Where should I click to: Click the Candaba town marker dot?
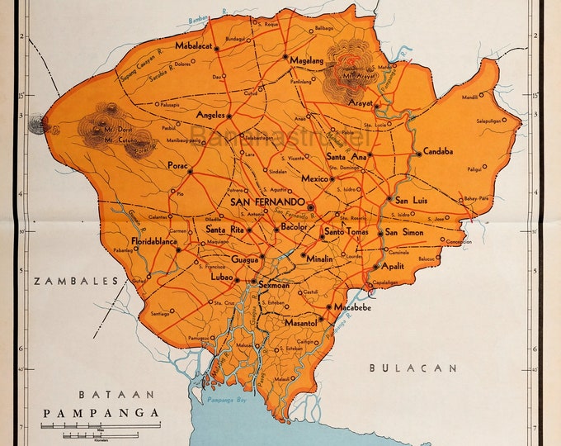click(x=417, y=152)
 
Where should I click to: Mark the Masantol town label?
click(x=300, y=321)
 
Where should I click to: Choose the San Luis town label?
click(x=412, y=200)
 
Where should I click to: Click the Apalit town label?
click(x=395, y=267)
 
